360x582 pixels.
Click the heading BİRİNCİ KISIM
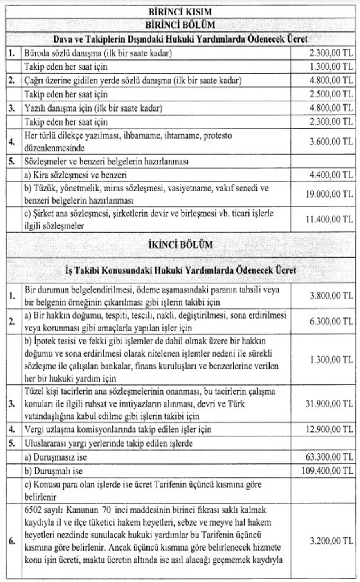(x=180, y=11)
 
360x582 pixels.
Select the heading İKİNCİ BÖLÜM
(x=180, y=245)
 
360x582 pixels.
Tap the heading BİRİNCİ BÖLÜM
(x=180, y=25)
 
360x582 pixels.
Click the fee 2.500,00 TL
(x=331, y=94)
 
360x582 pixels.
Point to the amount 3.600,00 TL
(x=331, y=142)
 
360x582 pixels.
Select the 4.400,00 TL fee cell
(x=331, y=175)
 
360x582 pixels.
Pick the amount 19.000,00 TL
(x=329, y=194)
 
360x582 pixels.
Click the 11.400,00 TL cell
(x=329, y=219)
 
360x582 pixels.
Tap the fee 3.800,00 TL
(x=331, y=295)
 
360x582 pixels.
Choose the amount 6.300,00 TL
(x=331, y=321)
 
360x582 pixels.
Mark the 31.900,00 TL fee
(x=329, y=404)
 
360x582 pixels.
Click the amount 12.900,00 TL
(x=329, y=429)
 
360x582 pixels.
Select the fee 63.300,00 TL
(x=329, y=457)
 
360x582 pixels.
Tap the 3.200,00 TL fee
(x=331, y=541)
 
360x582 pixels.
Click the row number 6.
(x=12, y=541)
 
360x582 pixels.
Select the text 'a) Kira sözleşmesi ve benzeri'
(x=76, y=175)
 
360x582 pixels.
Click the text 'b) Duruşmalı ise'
(x=54, y=471)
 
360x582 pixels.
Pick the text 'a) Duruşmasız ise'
(x=56, y=457)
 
